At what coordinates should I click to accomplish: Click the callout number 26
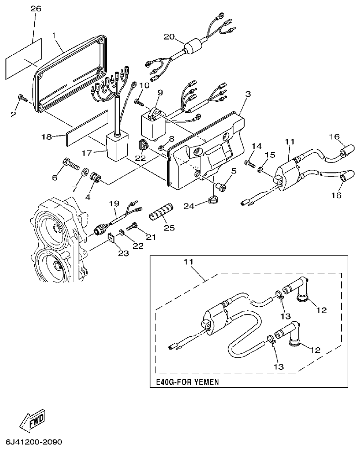[x=35, y=8]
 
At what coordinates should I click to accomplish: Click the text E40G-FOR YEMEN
[x=186, y=382]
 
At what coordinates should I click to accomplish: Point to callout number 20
[x=168, y=37]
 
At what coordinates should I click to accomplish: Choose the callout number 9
[x=160, y=93]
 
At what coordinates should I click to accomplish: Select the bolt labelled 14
[x=250, y=162]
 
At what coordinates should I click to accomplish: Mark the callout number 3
[x=248, y=94]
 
